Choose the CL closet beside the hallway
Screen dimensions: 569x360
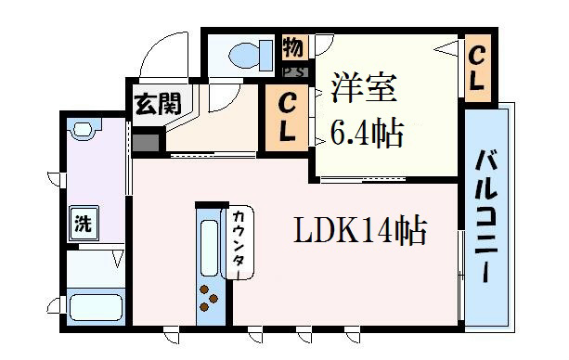[288, 116]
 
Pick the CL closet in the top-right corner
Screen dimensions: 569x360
[477, 68]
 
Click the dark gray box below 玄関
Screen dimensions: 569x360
[146, 142]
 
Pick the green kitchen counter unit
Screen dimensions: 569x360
[209, 264]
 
